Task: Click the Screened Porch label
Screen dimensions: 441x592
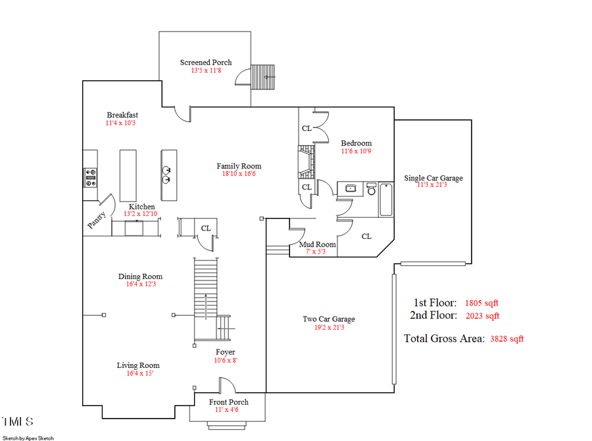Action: [206, 63]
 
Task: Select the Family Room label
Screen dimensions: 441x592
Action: [239, 166]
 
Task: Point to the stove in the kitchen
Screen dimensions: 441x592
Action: [90, 176]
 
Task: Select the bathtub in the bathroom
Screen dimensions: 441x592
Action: [385, 199]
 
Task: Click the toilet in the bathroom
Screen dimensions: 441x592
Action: [371, 188]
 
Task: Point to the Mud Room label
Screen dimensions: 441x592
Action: [317, 244]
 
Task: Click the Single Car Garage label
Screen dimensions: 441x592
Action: [433, 178]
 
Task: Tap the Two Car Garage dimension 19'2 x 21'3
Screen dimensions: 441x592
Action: [328, 327]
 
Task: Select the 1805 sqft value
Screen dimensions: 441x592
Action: [481, 303]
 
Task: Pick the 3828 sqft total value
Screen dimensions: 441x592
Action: [506, 339]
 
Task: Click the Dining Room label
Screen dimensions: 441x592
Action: [140, 276]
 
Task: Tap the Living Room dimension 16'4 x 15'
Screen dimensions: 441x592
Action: [138, 373]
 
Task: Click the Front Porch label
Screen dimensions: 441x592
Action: [228, 402]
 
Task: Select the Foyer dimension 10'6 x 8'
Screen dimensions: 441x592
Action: [225, 360]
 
